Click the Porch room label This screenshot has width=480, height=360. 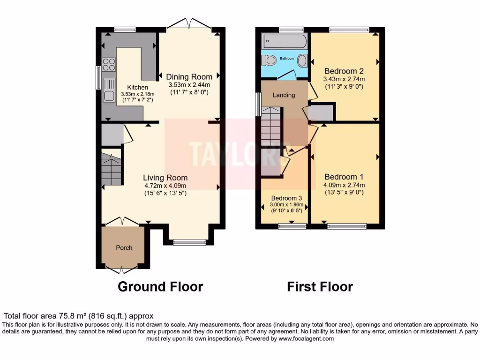coord(124,247)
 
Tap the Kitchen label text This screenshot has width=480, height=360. coord(138,88)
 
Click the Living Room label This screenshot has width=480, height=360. coord(165,178)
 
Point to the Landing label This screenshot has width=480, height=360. coord(284,95)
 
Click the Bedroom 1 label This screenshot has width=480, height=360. coord(344,177)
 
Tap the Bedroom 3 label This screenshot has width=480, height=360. coord(284,198)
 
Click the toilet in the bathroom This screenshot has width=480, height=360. coord(269,61)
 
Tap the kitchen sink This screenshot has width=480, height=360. coord(109,91)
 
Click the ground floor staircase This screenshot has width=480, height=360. coord(112,168)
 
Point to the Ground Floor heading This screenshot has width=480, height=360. coord(160,286)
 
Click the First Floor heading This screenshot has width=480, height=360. coord(320,286)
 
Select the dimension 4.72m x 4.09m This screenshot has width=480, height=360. coord(165,186)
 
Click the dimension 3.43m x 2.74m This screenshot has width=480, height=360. coord(344,79)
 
